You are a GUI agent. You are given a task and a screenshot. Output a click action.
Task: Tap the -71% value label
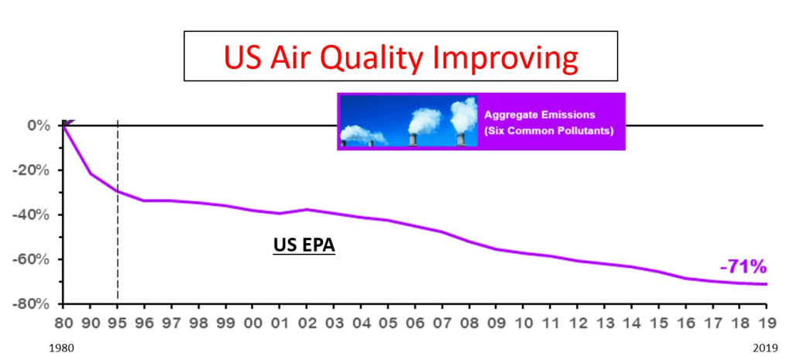click(743, 268)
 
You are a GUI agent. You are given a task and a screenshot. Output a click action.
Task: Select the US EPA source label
click(304, 245)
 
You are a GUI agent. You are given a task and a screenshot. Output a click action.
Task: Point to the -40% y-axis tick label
click(34, 214)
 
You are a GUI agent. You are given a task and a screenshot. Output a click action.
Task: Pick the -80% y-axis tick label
click(34, 303)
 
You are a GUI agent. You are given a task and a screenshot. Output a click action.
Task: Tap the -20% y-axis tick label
click(34, 170)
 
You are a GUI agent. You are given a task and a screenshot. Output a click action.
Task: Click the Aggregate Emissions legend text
click(535, 115)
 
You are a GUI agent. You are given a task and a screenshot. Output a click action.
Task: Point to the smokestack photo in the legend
click(408, 122)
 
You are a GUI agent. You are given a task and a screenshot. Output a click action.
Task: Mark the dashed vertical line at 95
click(118, 232)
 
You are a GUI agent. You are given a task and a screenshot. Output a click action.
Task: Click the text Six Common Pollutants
click(548, 131)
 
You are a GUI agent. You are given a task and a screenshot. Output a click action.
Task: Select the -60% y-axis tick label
click(34, 259)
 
